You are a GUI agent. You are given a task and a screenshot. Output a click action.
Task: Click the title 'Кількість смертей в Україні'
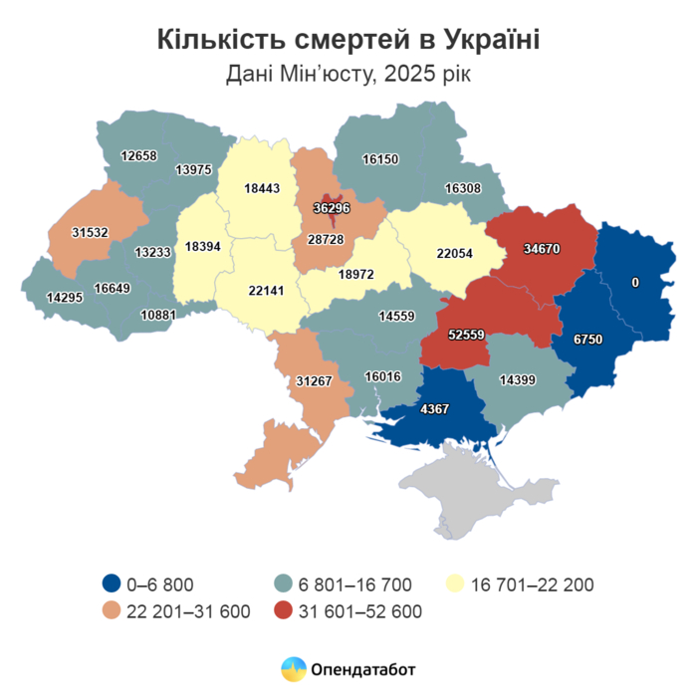click(348, 39)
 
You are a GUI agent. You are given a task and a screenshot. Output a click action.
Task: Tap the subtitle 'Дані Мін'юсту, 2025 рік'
click(348, 75)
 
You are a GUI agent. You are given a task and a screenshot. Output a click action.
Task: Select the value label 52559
click(467, 335)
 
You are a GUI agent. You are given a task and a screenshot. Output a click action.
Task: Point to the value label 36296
click(330, 208)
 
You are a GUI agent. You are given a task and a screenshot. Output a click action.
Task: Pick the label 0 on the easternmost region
click(634, 283)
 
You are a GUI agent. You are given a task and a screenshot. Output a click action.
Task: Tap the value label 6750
click(587, 340)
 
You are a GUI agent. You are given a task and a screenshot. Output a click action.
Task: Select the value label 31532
click(90, 232)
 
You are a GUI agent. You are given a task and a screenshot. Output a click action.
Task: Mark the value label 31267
click(315, 379)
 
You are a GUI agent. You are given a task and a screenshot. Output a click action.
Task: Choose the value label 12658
click(138, 155)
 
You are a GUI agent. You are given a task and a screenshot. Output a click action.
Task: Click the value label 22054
click(456, 253)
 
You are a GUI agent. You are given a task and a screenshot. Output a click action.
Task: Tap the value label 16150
click(380, 159)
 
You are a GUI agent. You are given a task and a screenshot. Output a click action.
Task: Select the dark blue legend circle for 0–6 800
click(112, 584)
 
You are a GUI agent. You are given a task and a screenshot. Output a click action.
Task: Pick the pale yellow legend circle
click(457, 584)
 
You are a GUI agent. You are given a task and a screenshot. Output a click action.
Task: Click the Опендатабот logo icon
click(294, 668)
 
